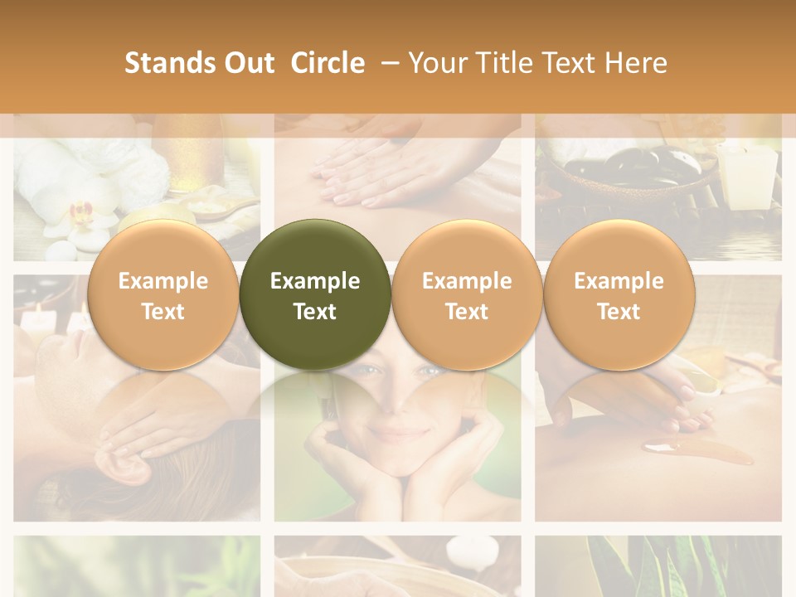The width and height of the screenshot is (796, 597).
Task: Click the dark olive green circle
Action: [x=315, y=294]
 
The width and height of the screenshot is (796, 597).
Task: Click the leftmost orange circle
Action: [x=163, y=294]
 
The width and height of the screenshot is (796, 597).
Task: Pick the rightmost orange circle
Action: [x=619, y=294]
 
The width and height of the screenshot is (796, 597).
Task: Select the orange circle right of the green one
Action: [x=467, y=294]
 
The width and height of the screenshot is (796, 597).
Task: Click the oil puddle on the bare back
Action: [x=696, y=452]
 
